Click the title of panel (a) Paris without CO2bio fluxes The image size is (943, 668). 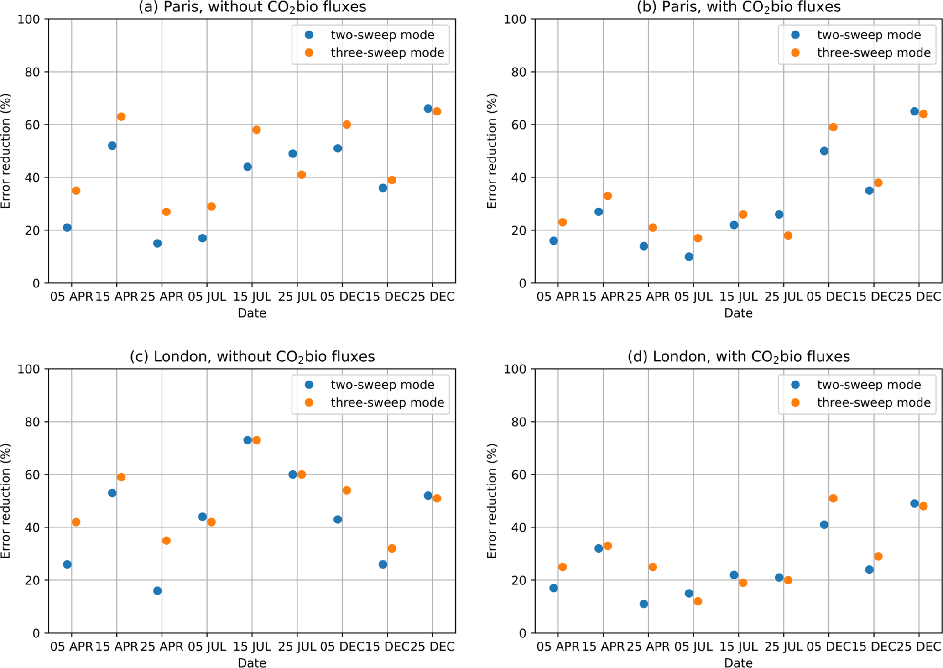point(252,7)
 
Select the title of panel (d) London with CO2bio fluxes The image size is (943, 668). point(738,356)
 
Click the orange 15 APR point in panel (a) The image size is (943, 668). point(121,117)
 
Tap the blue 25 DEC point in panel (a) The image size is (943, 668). point(428,109)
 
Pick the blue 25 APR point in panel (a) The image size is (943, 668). point(157,243)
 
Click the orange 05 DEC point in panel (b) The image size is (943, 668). point(833,127)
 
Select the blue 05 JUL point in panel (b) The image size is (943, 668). point(689,256)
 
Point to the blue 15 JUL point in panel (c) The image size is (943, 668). point(248,440)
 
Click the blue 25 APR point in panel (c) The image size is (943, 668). point(157,590)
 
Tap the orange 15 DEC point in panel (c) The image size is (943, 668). point(391,548)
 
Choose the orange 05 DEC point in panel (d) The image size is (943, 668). point(833,498)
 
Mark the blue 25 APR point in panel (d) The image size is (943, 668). point(644,604)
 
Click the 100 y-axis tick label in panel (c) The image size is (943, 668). point(28,369)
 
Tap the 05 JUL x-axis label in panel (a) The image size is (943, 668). point(207,297)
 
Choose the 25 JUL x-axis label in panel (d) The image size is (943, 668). point(783,646)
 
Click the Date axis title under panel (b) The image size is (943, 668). point(738,313)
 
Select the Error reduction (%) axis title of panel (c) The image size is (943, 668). point(5,501)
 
